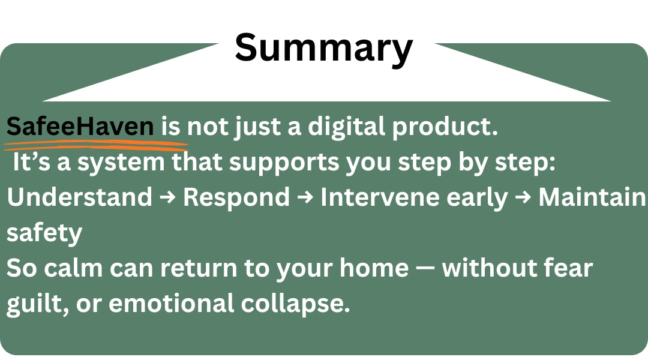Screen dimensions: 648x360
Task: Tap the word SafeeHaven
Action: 80,127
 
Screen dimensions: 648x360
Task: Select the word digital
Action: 346,127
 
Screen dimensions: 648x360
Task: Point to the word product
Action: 445,127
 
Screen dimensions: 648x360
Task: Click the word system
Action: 121,163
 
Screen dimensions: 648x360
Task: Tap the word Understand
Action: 80,197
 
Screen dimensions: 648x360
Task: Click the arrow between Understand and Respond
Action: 167,197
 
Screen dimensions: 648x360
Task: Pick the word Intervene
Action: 380,197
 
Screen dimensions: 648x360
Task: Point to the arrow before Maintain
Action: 523,197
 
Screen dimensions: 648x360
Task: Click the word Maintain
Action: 592,197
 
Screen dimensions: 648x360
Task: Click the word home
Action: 374,268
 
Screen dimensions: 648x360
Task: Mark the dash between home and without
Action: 425,269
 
